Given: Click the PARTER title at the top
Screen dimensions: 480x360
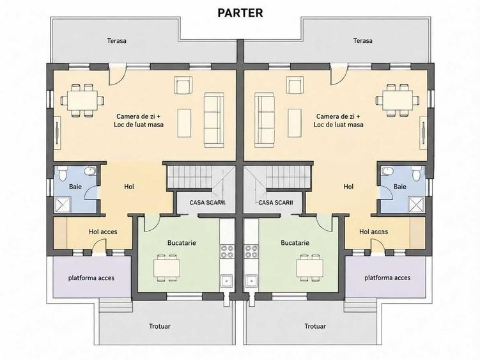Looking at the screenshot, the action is coord(240,13).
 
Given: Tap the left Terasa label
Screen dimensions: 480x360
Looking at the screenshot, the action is coord(116,40).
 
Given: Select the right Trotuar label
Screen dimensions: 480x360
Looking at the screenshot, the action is coord(315,326).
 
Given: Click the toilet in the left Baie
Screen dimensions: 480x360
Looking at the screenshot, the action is coord(63,173).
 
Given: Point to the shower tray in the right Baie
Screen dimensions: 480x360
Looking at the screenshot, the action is coord(417,205).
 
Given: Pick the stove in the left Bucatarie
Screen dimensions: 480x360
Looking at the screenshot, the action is coord(227,251).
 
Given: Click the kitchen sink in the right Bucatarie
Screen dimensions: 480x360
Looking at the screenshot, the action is coord(251,281).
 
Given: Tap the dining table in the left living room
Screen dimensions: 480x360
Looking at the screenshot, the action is coord(82,100).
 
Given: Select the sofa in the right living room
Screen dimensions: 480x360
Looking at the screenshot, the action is coord(264,120).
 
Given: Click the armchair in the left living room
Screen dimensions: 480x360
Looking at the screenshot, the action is coord(183,85).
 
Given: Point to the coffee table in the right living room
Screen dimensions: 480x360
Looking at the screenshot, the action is coord(295,123).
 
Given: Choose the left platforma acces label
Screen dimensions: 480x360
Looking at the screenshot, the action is coord(91,278).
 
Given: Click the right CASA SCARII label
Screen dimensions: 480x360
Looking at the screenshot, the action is coord(275,203).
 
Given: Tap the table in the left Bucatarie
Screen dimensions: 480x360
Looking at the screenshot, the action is coord(167,267).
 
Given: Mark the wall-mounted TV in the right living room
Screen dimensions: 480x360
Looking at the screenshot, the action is coord(423,132).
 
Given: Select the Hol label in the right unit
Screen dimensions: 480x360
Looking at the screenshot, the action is coord(348,186).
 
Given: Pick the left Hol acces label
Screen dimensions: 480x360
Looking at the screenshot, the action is coord(103,231).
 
